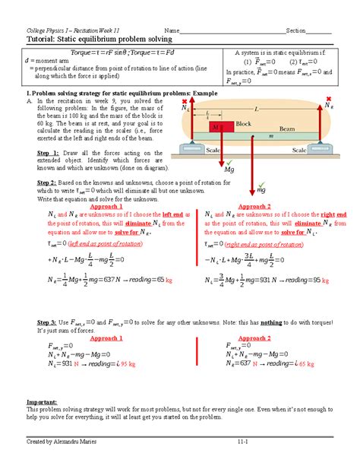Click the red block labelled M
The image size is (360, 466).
tap(220, 127)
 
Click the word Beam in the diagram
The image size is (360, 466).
tap(286, 128)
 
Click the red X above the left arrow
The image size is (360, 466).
tap(188, 99)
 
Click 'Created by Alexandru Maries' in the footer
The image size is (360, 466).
tap(62, 442)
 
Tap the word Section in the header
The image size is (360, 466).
tap(295, 30)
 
